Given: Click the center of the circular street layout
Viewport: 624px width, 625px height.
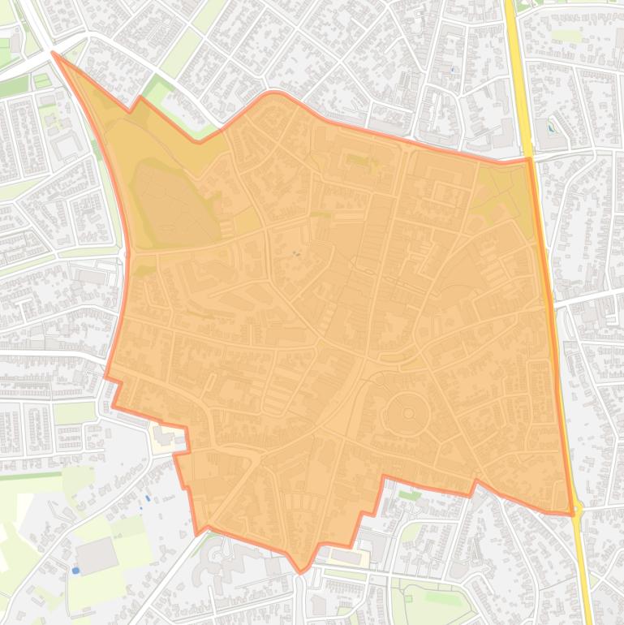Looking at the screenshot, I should click(407, 412).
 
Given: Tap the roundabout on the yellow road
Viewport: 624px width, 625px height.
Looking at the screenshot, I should click(578, 508).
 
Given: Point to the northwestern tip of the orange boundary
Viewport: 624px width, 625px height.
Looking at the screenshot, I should click(54, 54).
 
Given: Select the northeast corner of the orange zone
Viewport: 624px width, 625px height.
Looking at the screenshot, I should click(528, 159).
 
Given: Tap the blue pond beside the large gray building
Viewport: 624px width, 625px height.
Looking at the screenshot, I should click(75, 571).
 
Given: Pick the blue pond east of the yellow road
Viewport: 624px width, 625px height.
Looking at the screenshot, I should click(552, 127).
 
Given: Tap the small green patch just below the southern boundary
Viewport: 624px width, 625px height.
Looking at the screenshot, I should click(410, 494).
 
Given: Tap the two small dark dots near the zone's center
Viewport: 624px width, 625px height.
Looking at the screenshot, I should click(295, 253).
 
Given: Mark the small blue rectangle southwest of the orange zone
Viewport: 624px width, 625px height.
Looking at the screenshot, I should click(147, 498).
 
